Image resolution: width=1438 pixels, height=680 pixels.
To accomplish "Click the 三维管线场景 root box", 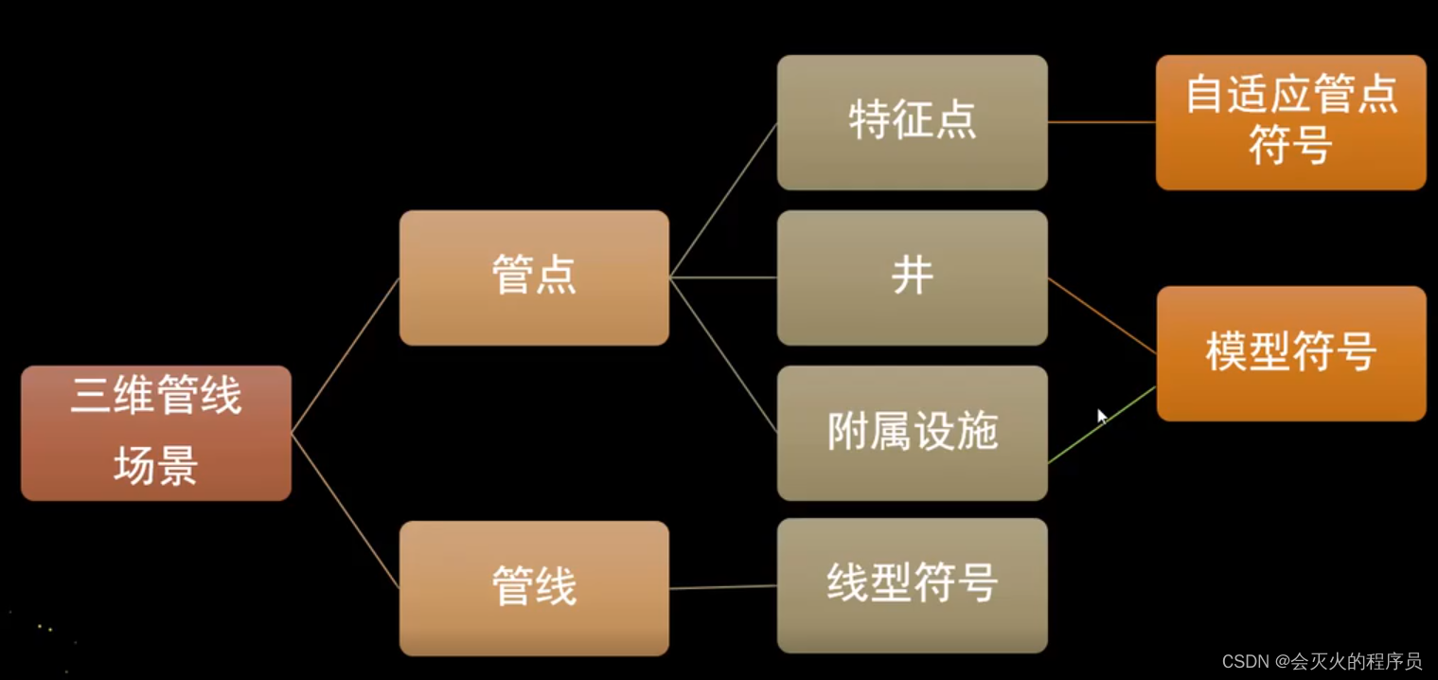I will click(x=156, y=433).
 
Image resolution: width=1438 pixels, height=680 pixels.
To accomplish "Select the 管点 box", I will click(x=534, y=277).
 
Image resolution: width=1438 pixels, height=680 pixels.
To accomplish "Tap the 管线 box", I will click(x=534, y=588).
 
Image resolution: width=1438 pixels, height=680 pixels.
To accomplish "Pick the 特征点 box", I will click(x=912, y=122).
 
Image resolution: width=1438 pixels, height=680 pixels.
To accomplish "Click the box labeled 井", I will click(x=912, y=277).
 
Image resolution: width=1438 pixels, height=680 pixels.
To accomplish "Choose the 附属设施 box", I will click(x=912, y=433).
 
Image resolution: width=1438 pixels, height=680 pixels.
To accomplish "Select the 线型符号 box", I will click(x=912, y=585).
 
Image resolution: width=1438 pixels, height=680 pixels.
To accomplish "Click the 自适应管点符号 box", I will click(x=1290, y=122).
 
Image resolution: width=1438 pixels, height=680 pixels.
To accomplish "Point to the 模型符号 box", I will click(x=1290, y=353).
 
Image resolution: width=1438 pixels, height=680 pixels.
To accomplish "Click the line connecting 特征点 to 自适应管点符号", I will click(x=1101, y=122).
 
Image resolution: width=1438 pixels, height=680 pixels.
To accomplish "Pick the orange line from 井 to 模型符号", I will click(x=1102, y=315).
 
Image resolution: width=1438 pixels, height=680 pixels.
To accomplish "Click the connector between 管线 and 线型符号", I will click(x=722, y=587).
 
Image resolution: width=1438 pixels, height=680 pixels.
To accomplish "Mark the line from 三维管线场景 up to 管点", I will click(x=345, y=355).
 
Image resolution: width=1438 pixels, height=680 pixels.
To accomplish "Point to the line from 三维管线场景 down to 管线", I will click(x=345, y=510).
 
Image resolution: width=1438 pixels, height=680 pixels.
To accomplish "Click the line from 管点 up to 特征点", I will click(x=722, y=200).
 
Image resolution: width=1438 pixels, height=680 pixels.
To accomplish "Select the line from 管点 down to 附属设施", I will click(x=722, y=355).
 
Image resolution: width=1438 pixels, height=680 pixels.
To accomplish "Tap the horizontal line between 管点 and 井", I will click(x=722, y=277).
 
